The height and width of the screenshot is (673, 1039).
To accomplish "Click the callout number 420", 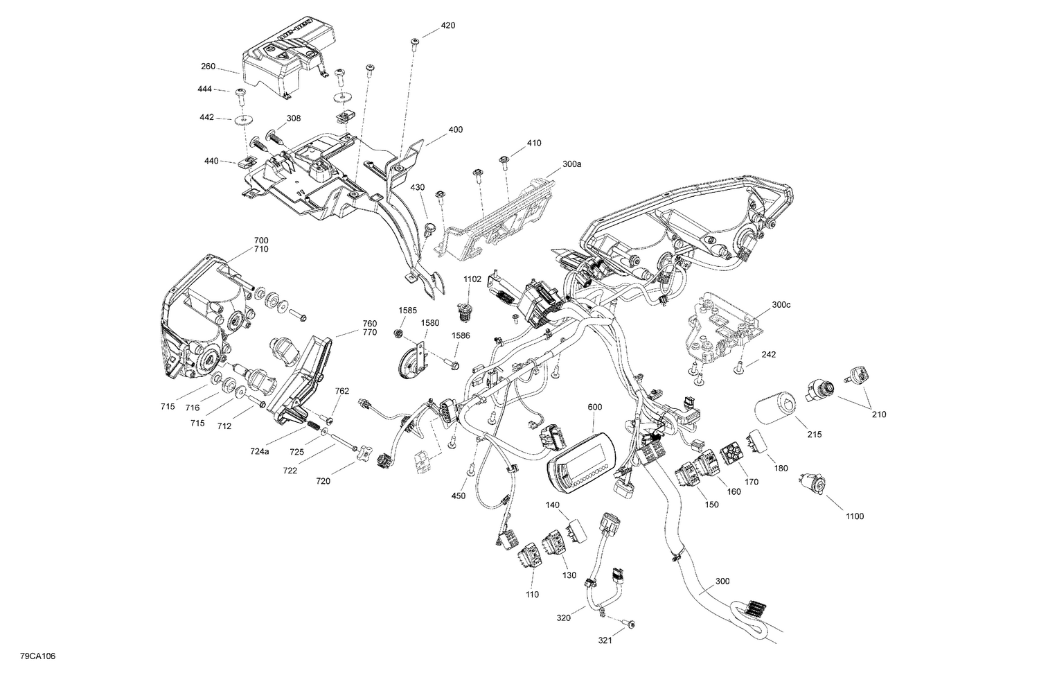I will coord(447,26).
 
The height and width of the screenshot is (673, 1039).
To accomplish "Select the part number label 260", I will coord(208,67).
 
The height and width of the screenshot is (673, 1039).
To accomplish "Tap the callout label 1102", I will coord(472,279).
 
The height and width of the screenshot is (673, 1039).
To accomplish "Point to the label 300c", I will coord(781,305).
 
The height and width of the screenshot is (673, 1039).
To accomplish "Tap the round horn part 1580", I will coord(407,364).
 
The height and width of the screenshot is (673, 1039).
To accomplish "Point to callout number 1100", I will coord(854,516).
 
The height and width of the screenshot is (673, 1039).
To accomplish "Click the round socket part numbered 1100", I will coord(810,481).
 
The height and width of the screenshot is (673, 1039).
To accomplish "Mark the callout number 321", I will coord(605,641).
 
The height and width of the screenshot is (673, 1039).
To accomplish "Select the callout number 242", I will coord(769,354).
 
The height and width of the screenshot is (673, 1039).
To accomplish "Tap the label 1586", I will coord(461,335).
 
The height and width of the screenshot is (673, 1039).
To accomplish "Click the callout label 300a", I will coord(572,164).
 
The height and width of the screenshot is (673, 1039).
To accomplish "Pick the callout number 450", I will coord(459,496).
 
